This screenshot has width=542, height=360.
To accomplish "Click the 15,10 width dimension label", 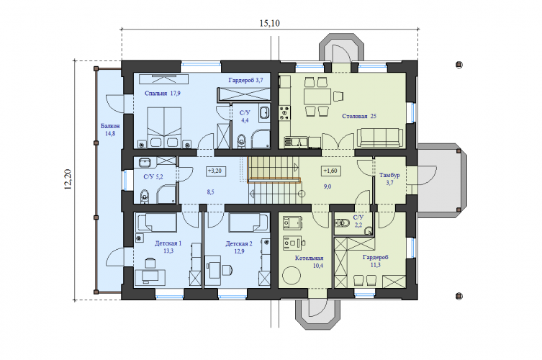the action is tap(270, 23).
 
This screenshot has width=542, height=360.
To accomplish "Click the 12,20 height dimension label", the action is tap(68, 179).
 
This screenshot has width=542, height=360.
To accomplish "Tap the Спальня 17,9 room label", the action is tap(163, 93).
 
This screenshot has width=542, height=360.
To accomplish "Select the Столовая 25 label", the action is tap(359, 116).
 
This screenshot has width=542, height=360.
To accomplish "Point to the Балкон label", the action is tap(110, 126).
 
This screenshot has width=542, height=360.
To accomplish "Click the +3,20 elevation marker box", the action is tap(216, 171).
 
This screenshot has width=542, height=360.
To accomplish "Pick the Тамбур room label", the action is tap(389, 175).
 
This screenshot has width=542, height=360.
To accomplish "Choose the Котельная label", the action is tap(309, 258).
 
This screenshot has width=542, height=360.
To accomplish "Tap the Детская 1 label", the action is tap(168, 243).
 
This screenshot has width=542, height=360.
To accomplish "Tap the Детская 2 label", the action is tap(239, 243).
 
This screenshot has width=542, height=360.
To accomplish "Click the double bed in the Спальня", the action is tap(164, 127).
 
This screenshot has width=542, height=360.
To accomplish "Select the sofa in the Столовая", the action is tap(380, 138).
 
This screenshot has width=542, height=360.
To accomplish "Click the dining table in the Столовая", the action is tap(317, 96).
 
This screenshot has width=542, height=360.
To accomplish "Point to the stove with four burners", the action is tap(285, 113).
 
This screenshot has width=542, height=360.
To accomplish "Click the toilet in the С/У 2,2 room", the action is tap(343, 222).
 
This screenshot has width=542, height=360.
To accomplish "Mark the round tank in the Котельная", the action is tap(292, 276).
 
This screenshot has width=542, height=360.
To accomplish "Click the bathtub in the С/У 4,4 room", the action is tap(265, 114).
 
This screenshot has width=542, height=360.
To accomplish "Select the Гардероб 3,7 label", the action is tap(245, 80).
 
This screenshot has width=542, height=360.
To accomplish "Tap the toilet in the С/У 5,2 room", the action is tap(144, 196).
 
